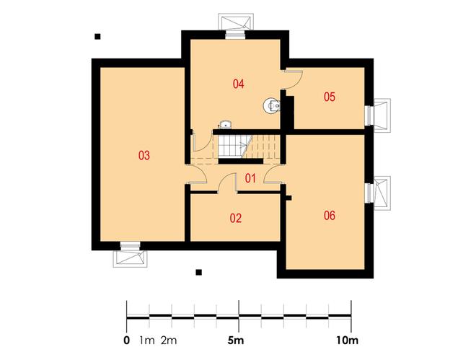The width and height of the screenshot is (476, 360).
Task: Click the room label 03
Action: pos(144,155)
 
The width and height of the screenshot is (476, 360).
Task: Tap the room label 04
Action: pos(238,84)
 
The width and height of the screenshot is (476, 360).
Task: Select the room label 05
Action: pos(330,97)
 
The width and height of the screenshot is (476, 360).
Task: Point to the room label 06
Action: pos(330,216)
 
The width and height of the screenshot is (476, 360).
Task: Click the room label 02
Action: pos(236,219)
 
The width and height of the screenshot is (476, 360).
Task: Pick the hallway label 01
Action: pos(250,178)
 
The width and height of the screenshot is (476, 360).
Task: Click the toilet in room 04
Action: pos(271,106)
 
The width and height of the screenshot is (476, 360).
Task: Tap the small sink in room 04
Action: pos(225,125)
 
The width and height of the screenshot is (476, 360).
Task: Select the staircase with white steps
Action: pos(235,146)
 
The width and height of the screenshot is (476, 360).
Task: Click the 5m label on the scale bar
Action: pos(236,341)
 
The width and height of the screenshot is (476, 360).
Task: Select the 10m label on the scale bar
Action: pos(347,341)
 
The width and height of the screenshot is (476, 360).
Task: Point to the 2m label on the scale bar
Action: pos(169,341)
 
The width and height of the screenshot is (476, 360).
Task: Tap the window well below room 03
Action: pos(131,258)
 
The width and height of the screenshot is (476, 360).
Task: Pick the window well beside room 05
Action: pos(382,115)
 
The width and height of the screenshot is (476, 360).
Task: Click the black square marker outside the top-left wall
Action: pos(97,36)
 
